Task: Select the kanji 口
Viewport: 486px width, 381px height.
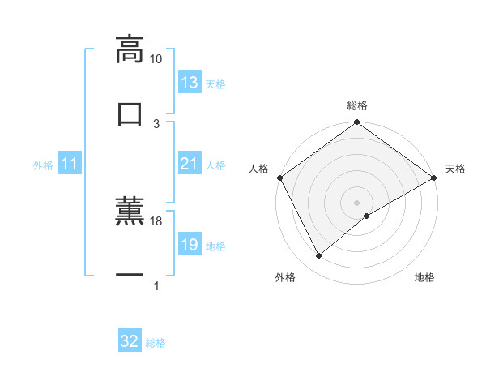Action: click(130, 113)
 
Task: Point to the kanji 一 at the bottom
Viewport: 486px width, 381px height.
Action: click(130, 276)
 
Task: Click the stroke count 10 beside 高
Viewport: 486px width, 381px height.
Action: click(156, 59)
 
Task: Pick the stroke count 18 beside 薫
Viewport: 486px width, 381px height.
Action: click(156, 220)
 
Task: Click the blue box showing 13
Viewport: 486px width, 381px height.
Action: click(190, 83)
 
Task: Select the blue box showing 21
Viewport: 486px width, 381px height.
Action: click(190, 164)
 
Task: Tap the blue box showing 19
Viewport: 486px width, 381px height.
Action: click(190, 245)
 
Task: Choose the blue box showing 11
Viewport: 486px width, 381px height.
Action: click(70, 164)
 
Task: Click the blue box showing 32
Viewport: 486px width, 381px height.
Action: click(130, 341)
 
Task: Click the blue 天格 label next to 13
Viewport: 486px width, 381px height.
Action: click(215, 83)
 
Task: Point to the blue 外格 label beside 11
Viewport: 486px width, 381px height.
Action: click(43, 165)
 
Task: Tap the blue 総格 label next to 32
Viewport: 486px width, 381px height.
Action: click(156, 342)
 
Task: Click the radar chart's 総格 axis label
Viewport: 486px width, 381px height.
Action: click(357, 105)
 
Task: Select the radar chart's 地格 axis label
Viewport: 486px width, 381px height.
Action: click(424, 277)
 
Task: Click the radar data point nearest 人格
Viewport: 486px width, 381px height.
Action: click(279, 178)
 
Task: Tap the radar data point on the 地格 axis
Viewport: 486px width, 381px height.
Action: click(367, 215)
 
